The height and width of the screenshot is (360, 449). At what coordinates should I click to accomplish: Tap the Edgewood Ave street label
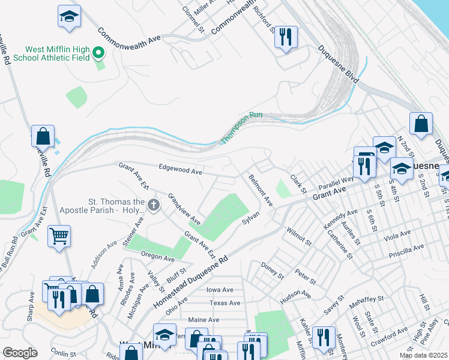[180, 170]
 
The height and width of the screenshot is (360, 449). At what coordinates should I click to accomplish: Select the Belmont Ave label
[261, 190]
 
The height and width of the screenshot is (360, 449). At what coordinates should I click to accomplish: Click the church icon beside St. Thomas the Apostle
[153, 206]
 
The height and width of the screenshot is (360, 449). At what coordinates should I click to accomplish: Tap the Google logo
[20, 353]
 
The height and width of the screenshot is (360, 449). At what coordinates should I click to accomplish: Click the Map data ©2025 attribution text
[423, 355]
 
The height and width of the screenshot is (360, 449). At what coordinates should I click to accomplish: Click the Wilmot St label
[298, 236]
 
